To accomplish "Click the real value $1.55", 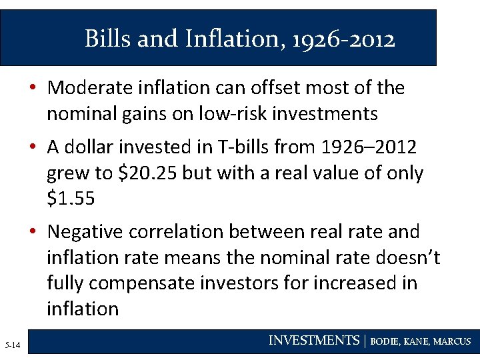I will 71,199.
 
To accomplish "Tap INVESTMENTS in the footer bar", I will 313,341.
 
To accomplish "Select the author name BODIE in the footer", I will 385,342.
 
